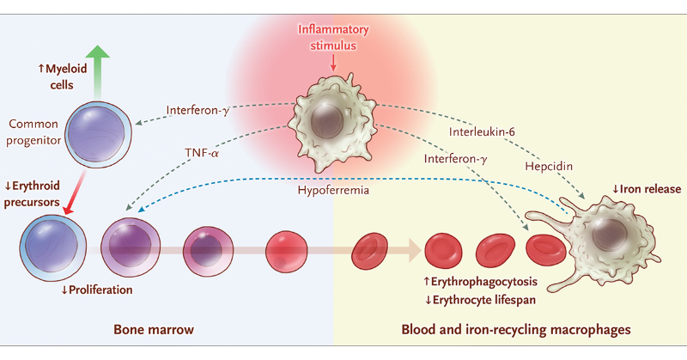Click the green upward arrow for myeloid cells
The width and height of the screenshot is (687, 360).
tap(97, 72)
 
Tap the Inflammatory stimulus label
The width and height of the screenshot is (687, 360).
tap(333, 37)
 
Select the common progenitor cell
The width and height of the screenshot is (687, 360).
tap(98, 134)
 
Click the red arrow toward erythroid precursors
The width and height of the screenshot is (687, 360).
tap(75, 192)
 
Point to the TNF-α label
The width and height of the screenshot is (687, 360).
tap(202, 153)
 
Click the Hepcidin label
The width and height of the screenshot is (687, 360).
tap(549, 167)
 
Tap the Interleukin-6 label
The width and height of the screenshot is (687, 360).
tap(482, 131)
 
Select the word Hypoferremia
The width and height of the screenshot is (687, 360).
tap(333, 190)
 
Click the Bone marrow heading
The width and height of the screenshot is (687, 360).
tap(154, 330)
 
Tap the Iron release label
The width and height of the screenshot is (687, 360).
tap(647, 189)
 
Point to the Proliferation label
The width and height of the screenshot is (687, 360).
tap(96, 290)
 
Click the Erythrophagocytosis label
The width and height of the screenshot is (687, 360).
tap(480, 282)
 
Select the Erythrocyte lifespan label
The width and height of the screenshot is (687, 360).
tap(480, 300)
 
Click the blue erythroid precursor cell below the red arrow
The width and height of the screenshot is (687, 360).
tap(52, 247)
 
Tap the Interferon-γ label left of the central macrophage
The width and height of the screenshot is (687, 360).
tap(198, 110)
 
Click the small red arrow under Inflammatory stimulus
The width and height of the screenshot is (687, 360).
tap(333, 62)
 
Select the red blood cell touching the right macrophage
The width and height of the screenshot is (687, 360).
tap(546, 250)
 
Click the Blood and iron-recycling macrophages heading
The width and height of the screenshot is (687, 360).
tap(516, 330)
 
